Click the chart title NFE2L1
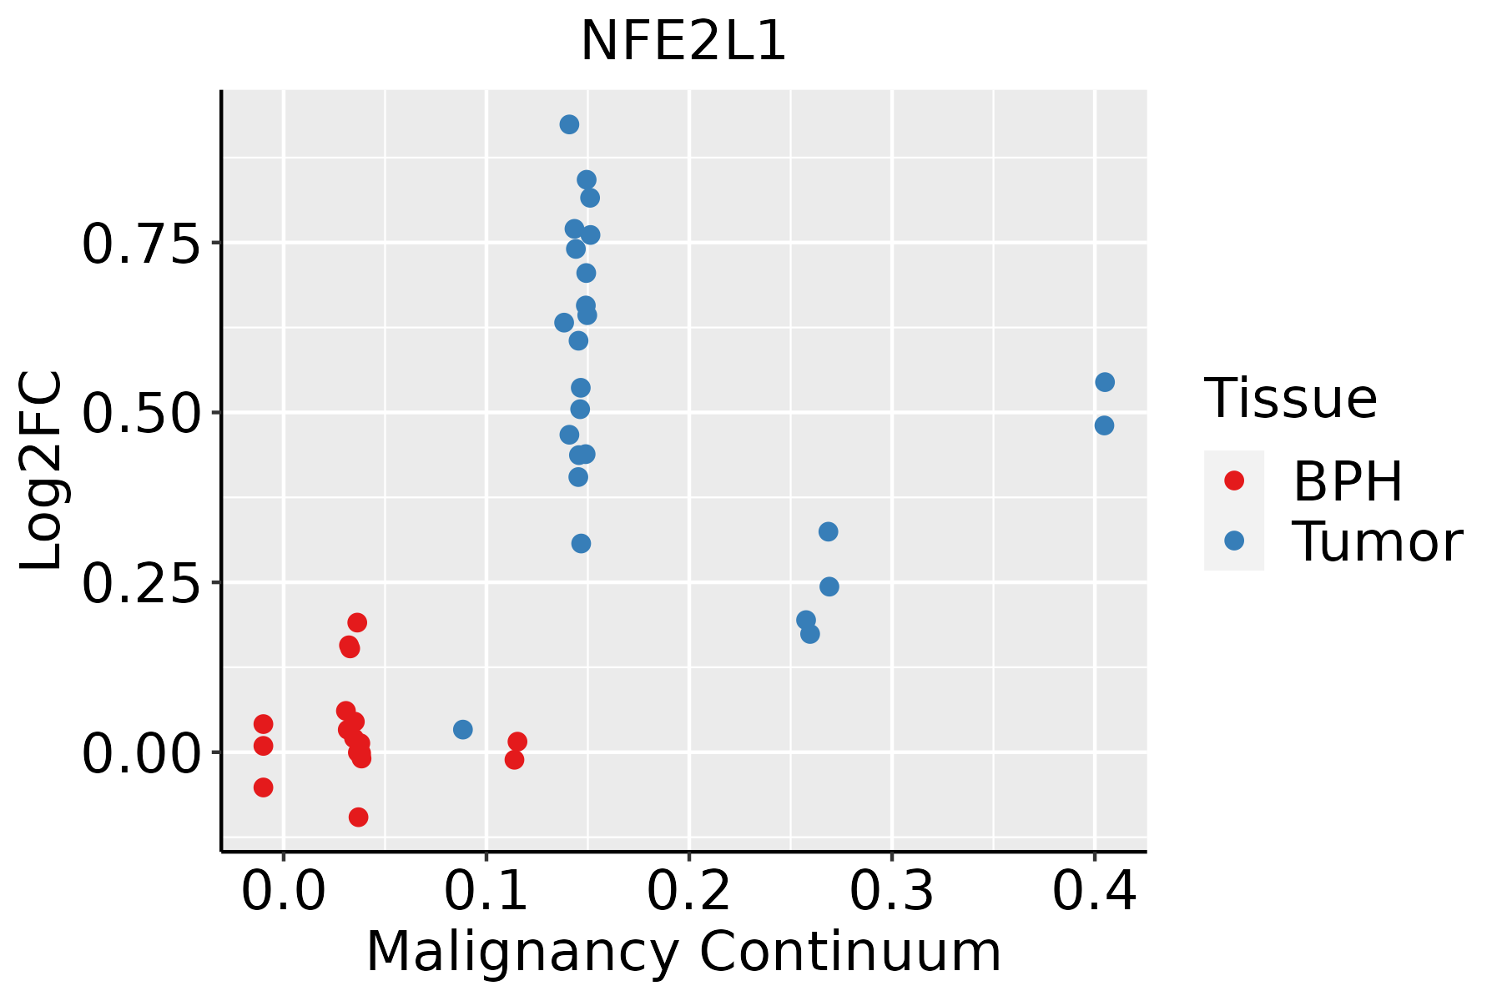coord(683,42)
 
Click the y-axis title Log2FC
coord(42,470)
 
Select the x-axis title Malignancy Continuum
coord(683,952)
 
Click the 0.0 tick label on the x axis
coord(284,892)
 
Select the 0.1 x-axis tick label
coord(486,892)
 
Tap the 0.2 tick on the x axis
coord(689,892)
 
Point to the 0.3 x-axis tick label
coord(892,892)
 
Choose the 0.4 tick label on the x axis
coord(1094,892)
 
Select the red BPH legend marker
coord(1233,480)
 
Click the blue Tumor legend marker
coord(1233,541)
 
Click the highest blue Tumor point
coord(569,125)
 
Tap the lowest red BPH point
coord(358,817)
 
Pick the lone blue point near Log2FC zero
coord(462,730)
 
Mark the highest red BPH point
coord(357,622)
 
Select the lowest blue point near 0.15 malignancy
coord(581,544)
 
